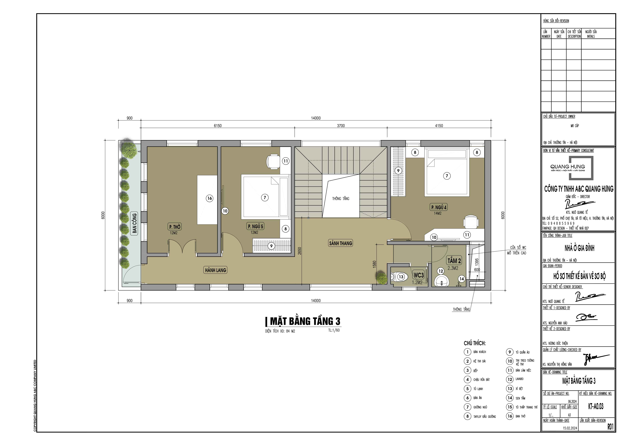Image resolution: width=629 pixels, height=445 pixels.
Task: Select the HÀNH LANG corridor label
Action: tap(216, 270)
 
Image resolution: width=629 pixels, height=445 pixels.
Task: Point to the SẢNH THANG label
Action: tap(341, 243)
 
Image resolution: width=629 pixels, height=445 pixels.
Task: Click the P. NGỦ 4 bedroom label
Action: tap(439, 207)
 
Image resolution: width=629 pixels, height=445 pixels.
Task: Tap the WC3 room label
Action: tap(418, 275)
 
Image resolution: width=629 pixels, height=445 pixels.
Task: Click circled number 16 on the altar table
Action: tap(210, 198)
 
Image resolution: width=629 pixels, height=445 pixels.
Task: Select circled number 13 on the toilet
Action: tap(401, 277)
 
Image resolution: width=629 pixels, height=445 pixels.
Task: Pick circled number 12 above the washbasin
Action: tap(440, 271)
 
